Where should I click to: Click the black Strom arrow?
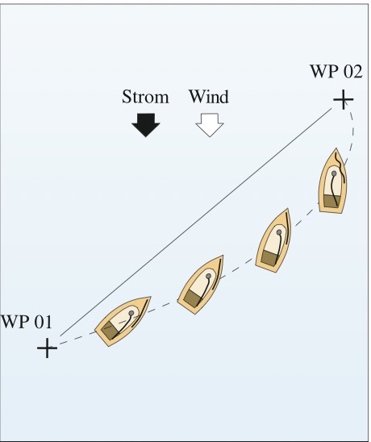tap(146, 125)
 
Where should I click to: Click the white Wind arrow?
tap(210, 125)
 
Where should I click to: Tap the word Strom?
tap(145, 97)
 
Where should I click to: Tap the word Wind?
tap(209, 97)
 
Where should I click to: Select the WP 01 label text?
tap(27, 322)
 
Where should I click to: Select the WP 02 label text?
tap(336, 71)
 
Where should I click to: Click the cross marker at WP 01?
tap(47, 348)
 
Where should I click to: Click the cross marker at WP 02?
tap(344, 99)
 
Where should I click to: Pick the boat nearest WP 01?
tap(123, 321)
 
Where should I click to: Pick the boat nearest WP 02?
tap(333, 181)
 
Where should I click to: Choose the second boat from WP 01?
tap(201, 285)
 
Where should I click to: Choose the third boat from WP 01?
tap(273, 240)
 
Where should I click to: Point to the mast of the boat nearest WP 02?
tap(334, 173)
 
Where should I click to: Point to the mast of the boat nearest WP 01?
tap(131, 313)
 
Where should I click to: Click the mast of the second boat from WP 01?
tap(208, 276)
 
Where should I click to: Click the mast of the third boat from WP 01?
tap(279, 232)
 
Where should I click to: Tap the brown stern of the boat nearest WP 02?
tap(332, 202)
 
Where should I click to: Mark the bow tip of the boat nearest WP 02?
tap(336, 148)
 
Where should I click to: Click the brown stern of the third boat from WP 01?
tap(270, 257)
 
